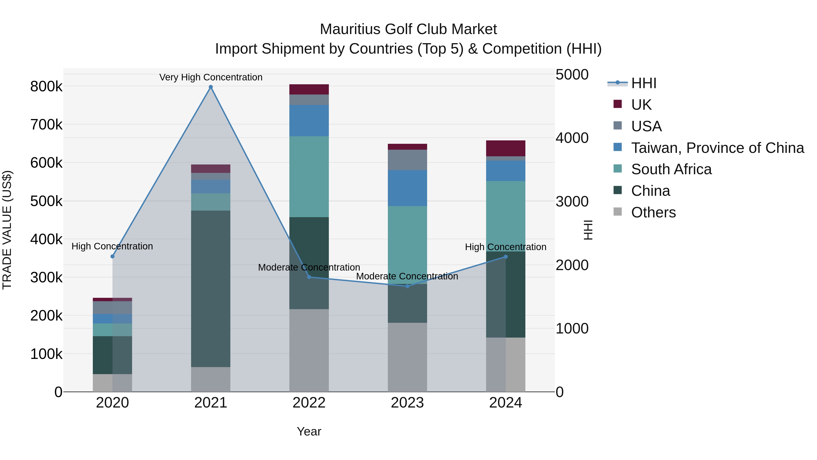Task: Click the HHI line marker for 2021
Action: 211,87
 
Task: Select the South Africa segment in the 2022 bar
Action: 309,177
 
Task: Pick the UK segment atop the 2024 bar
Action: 506,148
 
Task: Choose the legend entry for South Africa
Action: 671,169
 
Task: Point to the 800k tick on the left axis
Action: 46,86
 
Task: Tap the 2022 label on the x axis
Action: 309,403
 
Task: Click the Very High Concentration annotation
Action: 211,77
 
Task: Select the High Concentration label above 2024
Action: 506,247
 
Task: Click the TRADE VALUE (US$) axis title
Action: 7,230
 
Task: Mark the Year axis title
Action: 309,431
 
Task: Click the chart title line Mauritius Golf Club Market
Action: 408,29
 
